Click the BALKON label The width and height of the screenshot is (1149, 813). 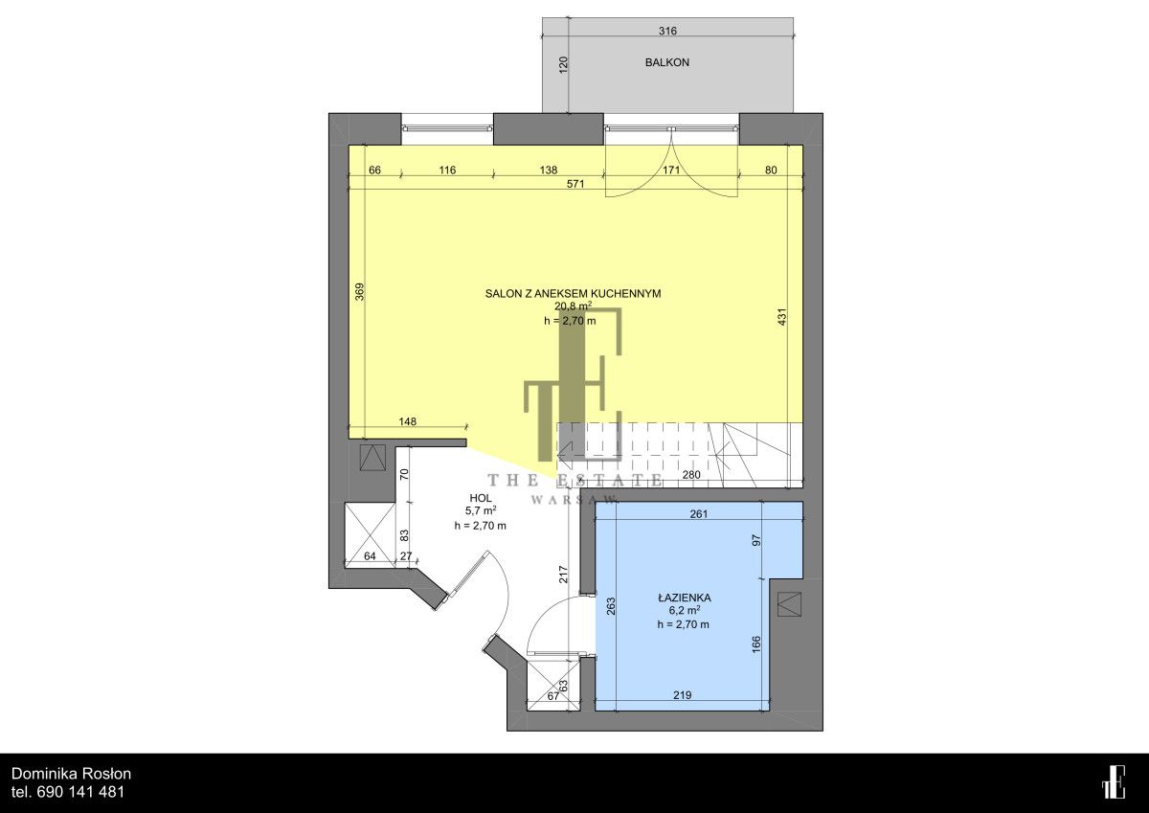click(x=666, y=62)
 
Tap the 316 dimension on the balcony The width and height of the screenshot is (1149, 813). click(x=667, y=31)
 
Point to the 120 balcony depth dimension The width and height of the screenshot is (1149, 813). click(x=563, y=65)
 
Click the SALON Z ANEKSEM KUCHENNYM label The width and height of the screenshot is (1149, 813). click(x=573, y=293)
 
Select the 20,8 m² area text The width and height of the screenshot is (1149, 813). click(x=573, y=306)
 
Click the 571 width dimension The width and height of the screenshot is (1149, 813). click(x=575, y=184)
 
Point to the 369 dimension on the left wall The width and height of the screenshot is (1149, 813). click(x=360, y=292)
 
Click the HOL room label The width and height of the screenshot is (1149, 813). click(x=481, y=498)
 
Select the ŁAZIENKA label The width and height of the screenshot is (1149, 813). click(x=685, y=598)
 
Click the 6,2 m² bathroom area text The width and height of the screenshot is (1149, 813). click(x=685, y=610)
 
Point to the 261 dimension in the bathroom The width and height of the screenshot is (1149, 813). click(x=699, y=513)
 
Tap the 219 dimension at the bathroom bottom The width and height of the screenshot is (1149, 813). click(x=682, y=695)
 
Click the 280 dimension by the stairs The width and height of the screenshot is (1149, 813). click(x=691, y=474)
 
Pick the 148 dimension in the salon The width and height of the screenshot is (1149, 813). click(x=407, y=421)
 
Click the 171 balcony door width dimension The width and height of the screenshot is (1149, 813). click(x=671, y=169)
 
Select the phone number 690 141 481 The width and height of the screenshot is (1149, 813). click(x=81, y=792)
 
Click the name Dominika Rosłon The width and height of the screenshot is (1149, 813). click(x=71, y=774)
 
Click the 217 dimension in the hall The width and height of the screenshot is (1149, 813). click(x=563, y=574)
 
